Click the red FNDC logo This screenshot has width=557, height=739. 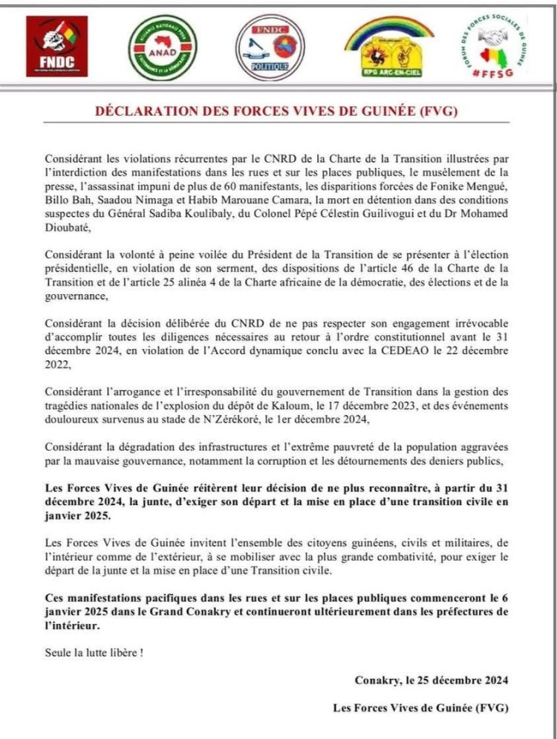point(56,46)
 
